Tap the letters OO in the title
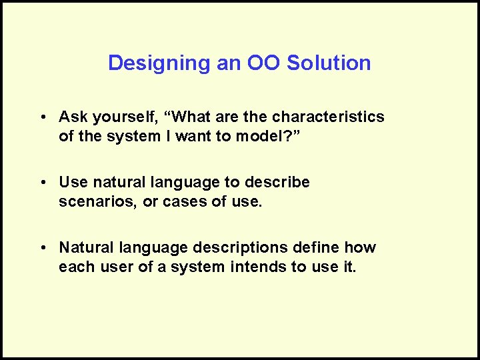coord(264,63)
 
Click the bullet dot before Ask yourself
coord(42,117)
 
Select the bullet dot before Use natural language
coord(42,183)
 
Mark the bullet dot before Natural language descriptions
coord(42,248)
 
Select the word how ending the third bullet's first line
coord(360,248)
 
